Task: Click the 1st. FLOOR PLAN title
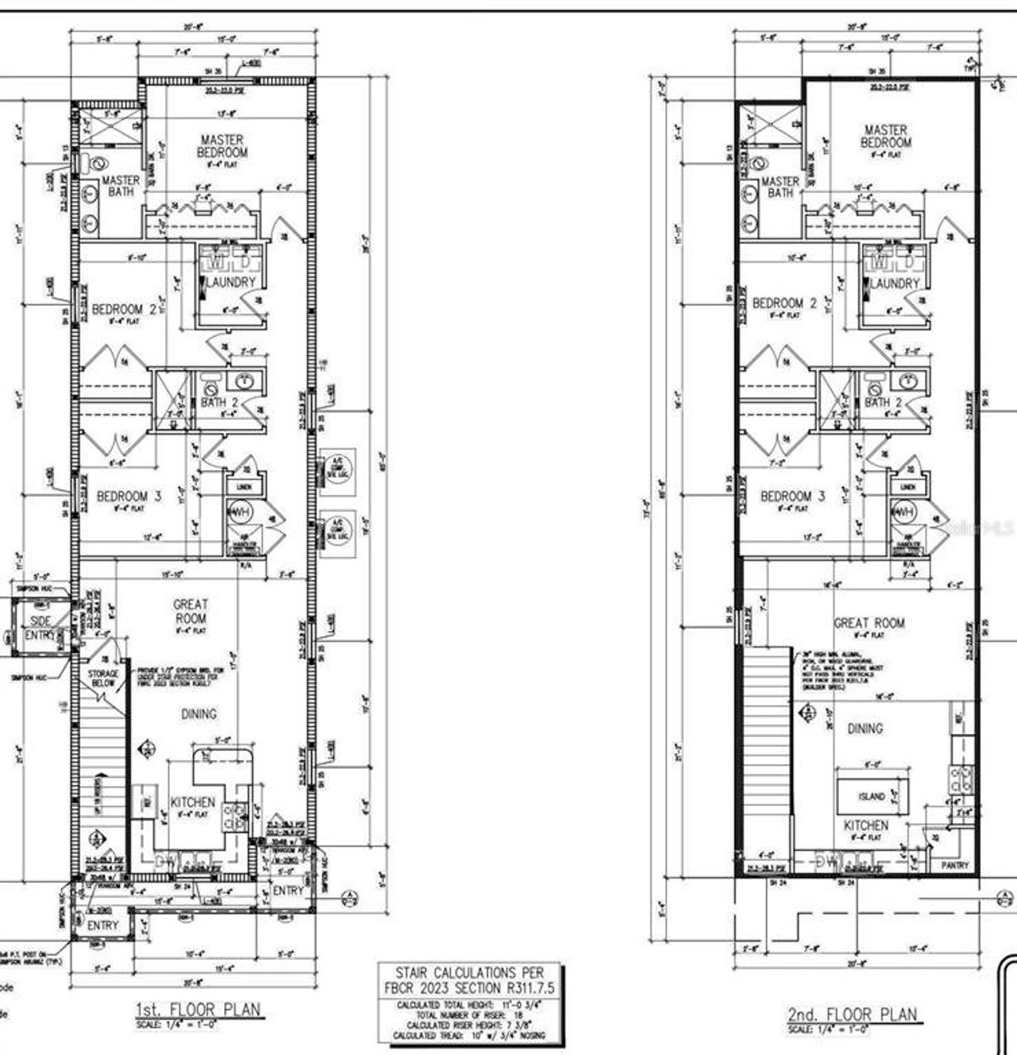pos(197,1010)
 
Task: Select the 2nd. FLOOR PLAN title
pos(852,1014)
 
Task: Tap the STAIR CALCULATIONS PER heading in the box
pos(472,972)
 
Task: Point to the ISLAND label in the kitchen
pos(871,796)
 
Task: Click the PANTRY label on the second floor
pos(954,865)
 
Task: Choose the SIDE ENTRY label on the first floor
pos(41,628)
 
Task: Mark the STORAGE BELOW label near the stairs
pos(102,678)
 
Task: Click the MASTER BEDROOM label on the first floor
pos(222,146)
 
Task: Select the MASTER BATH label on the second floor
pos(779,187)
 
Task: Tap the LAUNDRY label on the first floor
pos(231,282)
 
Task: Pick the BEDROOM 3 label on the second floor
pos(792,497)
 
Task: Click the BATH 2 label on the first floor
pos(219,403)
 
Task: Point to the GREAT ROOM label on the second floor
pos(869,624)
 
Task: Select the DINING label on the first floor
pos(199,713)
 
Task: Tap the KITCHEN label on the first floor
pos(192,802)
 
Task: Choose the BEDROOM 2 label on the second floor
pos(784,303)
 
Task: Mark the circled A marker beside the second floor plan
pos(1006,898)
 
